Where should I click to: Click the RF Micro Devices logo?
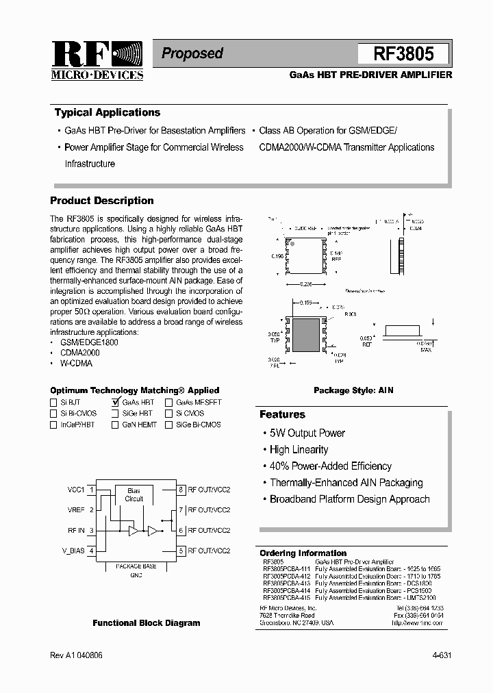coord(97,61)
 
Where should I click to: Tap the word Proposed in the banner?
coord(192,53)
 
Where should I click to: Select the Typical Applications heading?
coord(108,113)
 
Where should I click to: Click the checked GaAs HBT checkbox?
coord(115,403)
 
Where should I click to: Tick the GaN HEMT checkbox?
coord(115,425)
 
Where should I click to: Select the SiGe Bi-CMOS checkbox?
coord(169,425)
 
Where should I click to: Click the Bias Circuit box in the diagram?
coord(134,494)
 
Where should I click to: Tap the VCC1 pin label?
coord(75,490)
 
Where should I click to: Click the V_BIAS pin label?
coord(74,551)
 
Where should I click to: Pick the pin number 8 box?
coord(181,490)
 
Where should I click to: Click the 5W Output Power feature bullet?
coord(307,433)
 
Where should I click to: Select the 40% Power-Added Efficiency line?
coord(330,466)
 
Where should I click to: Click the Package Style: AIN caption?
coord(353,390)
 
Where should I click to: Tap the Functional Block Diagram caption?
coord(147,623)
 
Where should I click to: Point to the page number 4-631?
coord(442,655)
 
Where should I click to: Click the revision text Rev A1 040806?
coord(76,655)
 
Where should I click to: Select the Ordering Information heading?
coord(303,553)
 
